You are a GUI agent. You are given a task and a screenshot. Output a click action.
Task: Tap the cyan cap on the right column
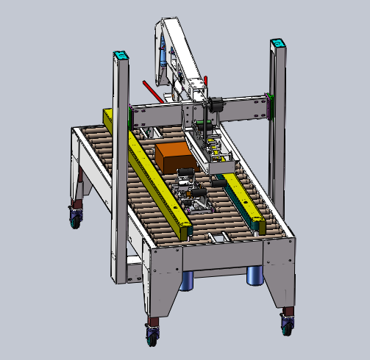pos(278,44)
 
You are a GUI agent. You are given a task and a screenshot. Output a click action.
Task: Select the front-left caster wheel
pos(152,334)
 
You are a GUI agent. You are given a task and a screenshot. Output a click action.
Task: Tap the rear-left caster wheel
pos(74,216)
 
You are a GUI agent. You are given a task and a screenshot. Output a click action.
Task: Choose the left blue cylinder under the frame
pos(187,280)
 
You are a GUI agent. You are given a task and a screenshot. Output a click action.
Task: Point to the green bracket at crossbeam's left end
pos(130,117)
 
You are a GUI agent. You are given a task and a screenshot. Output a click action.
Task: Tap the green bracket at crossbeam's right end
pos(270,106)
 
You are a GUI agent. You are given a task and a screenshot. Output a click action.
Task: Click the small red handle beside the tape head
pos(207,78)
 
